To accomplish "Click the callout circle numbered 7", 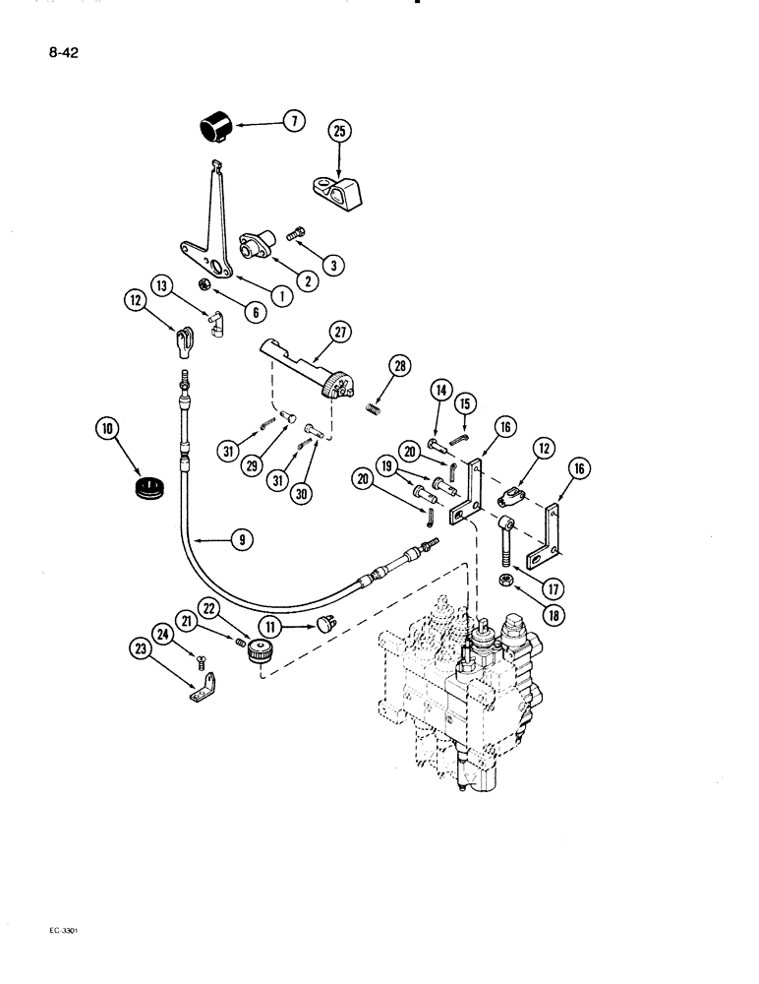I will tap(292, 123).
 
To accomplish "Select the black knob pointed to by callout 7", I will tap(215, 128).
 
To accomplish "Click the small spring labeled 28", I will tap(374, 407).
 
